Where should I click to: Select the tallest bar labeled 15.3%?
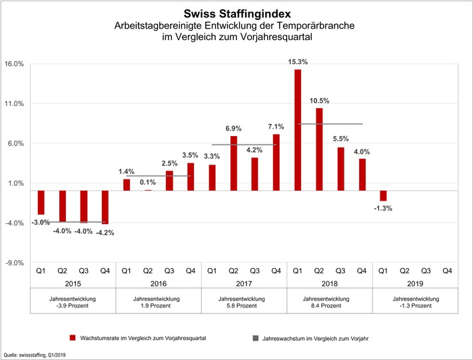point(298,129)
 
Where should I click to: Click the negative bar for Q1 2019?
point(383,195)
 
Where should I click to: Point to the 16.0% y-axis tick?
point(15,64)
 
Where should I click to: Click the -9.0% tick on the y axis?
point(15,263)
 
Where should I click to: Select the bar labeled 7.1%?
point(276,162)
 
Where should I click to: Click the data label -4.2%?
point(105,233)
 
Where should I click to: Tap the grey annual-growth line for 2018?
point(330,124)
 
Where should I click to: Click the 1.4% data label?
point(127,172)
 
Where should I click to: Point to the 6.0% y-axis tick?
point(16,143)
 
